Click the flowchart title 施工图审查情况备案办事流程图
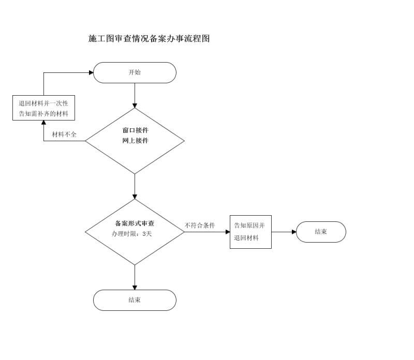tap(149, 39)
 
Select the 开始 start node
tap(135, 72)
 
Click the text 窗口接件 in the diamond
tap(135, 130)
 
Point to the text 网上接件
tap(135, 141)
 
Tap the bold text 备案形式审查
tap(135, 223)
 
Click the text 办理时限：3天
tap(132, 234)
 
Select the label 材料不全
tap(64, 134)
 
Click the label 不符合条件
tap(200, 226)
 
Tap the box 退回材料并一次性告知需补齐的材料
tap(43, 108)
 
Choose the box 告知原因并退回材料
tap(250, 232)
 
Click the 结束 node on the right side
tap(321, 232)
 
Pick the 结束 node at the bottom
tap(135, 300)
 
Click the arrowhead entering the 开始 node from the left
tap(91, 72)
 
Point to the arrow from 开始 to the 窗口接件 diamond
tap(135, 95)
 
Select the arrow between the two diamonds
tap(135, 186)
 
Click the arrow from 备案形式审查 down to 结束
tap(135, 277)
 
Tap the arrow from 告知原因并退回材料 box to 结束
tap(284, 232)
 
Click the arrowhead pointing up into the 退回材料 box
tap(43, 123)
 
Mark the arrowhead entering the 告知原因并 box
tap(227, 232)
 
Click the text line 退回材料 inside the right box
tap(246, 238)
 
